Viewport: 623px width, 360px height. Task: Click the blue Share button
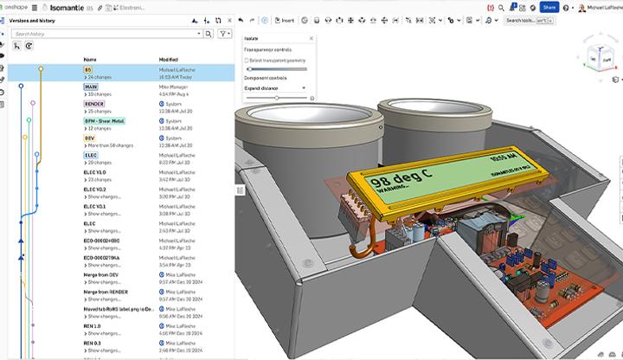(x=549, y=7)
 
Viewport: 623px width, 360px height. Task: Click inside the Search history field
(x=108, y=34)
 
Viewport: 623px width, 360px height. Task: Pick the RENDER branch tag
(x=94, y=104)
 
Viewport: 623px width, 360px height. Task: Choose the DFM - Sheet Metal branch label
(x=104, y=121)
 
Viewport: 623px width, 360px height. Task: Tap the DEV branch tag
(x=89, y=138)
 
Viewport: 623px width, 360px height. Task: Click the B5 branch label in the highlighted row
(x=87, y=70)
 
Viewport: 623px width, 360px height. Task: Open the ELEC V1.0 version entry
(x=94, y=172)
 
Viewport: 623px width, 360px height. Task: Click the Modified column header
(x=169, y=59)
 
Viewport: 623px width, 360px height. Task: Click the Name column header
(x=89, y=59)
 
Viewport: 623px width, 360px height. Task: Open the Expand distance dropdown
(x=276, y=87)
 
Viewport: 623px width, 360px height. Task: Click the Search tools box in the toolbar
(x=529, y=20)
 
